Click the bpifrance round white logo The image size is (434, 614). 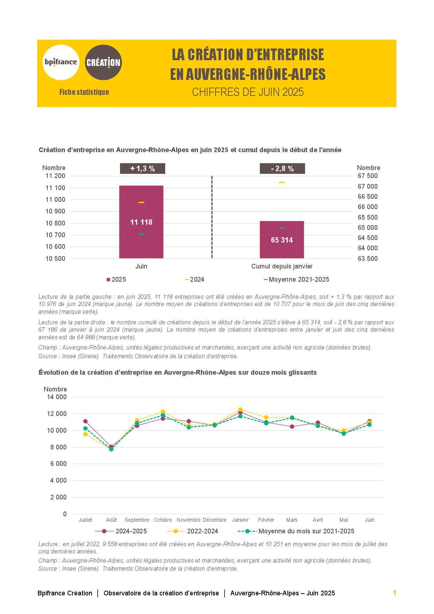click(61, 62)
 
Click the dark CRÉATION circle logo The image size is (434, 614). click(103, 62)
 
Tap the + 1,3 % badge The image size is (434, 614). click(143, 168)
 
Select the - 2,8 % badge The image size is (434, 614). click(282, 168)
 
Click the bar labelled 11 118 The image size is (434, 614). click(141, 222)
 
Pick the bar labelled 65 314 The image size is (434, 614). click(282, 240)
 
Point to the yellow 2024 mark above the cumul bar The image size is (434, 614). click(282, 182)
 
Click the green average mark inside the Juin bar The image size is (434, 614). click(141, 234)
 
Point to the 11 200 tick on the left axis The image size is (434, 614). click(55, 176)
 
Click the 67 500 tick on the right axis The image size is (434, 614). click(368, 176)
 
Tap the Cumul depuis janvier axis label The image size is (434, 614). click(282, 266)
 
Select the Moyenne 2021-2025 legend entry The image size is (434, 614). click(297, 279)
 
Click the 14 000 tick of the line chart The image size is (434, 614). click(57, 397)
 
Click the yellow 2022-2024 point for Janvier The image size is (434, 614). click(240, 410)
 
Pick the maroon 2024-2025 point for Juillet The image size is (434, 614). click(85, 421)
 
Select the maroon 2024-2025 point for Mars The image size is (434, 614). click(292, 426)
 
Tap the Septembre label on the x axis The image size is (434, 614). click(137, 520)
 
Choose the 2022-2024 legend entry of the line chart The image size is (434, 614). click(192, 531)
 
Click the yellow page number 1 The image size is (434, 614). click(395, 592)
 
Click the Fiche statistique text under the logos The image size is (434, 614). click(84, 92)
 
